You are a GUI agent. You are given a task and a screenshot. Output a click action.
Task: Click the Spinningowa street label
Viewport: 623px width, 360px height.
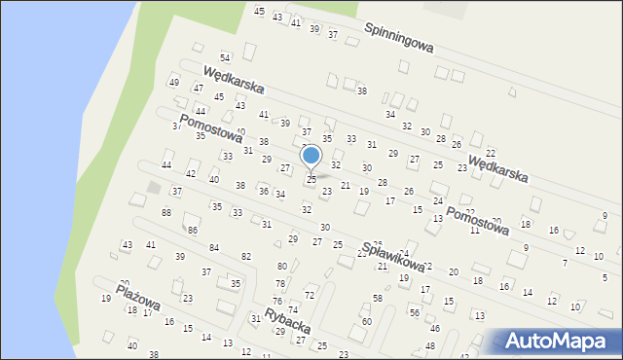point(399,39)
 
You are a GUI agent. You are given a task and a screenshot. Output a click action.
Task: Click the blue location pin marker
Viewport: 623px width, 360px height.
point(311,156)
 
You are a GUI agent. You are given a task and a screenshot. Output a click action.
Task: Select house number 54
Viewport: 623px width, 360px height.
point(225,59)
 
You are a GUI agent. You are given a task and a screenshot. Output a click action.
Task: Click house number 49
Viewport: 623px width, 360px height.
point(174,82)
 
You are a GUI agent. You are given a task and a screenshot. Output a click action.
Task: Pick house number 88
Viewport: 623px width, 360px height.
point(166,212)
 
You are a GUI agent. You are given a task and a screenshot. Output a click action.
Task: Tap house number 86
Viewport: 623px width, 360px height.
point(193,230)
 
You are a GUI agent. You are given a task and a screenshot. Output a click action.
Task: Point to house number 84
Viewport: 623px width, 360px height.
point(214,248)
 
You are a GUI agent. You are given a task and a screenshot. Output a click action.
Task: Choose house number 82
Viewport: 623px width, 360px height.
point(246,256)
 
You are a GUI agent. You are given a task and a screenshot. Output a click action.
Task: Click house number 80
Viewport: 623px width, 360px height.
point(282,266)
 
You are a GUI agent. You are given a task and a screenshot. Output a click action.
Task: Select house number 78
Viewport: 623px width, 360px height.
point(279,283)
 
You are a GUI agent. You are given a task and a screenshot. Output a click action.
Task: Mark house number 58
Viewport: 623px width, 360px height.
point(377,298)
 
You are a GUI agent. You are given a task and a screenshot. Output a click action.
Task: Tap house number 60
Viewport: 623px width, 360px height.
point(366,321)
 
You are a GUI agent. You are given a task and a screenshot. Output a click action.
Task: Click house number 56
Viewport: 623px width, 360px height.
point(414,312)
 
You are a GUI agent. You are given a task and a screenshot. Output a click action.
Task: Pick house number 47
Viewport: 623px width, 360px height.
point(198,89)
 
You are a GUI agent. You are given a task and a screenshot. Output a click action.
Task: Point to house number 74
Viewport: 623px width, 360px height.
point(292,309)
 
